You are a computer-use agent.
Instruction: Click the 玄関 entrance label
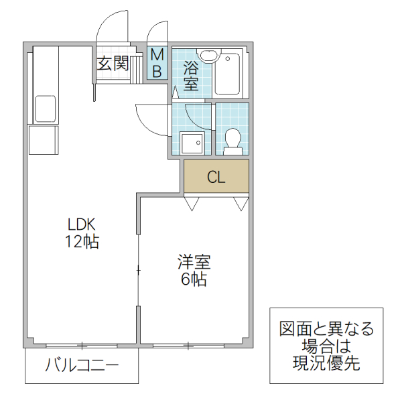113,64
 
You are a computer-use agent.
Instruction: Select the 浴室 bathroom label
191,76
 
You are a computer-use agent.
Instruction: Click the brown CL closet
216,177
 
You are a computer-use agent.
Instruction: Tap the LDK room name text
82,224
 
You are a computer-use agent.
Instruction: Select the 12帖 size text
82,242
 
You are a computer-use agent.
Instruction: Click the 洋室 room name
192,261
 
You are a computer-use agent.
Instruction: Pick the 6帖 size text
192,279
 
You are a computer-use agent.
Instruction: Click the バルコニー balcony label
82,366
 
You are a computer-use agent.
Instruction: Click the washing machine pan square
192,143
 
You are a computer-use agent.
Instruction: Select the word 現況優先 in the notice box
326,364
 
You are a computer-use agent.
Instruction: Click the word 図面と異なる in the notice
326,329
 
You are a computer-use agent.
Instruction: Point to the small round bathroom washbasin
209,55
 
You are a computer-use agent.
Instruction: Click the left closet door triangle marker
192,203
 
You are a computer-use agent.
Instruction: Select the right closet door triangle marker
241,203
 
